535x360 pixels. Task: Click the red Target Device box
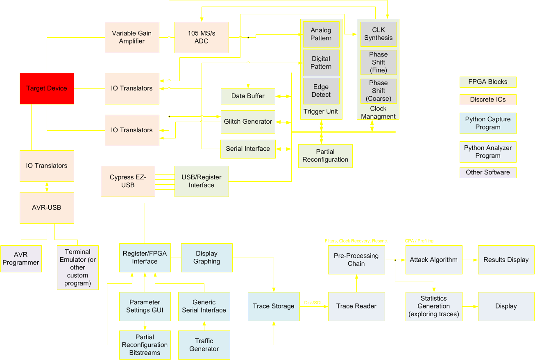click(x=47, y=88)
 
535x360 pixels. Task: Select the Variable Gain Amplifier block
click(x=132, y=37)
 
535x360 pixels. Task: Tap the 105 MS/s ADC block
click(x=202, y=37)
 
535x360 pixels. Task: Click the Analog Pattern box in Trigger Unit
click(x=321, y=34)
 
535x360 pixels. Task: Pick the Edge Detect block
click(x=321, y=91)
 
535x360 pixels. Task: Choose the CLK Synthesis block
click(x=379, y=34)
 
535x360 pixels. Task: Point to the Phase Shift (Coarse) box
click(x=379, y=91)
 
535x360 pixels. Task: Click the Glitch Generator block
click(x=248, y=122)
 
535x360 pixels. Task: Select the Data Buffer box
click(x=248, y=96)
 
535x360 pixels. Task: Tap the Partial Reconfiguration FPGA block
click(x=325, y=156)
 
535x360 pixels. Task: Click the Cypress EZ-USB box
click(x=128, y=181)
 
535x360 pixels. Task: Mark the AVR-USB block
click(x=47, y=208)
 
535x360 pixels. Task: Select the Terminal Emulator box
click(x=78, y=267)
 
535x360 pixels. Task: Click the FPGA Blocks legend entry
click(x=488, y=82)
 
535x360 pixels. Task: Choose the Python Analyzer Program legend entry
click(x=488, y=152)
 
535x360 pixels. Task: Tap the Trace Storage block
click(x=274, y=306)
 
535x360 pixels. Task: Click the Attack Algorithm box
click(x=434, y=260)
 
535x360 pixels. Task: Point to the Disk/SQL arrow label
click(x=313, y=303)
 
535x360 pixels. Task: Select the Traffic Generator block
click(x=204, y=345)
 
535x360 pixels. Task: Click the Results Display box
click(x=506, y=260)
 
